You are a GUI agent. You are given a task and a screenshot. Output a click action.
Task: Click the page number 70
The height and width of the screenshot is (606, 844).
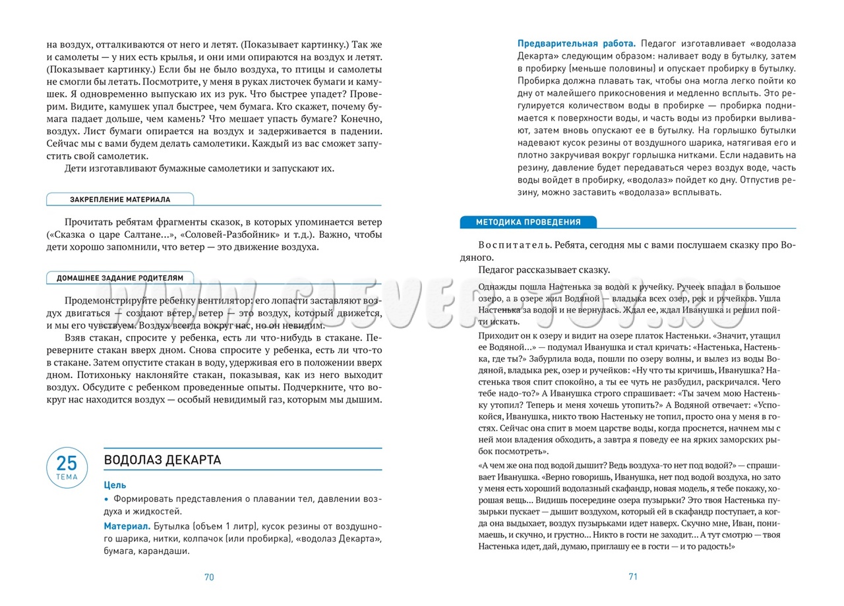(209, 577)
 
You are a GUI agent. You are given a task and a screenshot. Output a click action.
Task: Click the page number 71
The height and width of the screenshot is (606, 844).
(633, 576)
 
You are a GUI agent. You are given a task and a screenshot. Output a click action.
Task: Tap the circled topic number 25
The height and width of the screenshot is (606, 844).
(67, 463)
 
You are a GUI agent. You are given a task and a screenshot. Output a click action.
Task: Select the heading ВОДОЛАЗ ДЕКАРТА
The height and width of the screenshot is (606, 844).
(162, 460)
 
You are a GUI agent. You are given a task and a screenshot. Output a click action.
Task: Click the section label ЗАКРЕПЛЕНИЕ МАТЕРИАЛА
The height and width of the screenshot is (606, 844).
(120, 200)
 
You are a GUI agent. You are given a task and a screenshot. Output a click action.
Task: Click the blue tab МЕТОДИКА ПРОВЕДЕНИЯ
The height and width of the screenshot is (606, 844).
(528, 222)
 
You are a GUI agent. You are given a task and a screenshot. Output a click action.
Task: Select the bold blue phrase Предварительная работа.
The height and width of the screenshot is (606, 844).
(576, 43)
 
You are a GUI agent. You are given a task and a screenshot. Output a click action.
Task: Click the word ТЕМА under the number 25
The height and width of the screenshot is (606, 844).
(67, 477)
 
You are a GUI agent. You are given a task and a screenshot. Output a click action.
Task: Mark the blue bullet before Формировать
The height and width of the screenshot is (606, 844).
(107, 499)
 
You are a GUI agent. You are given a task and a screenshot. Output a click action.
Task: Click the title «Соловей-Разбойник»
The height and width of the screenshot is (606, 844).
(217, 234)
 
